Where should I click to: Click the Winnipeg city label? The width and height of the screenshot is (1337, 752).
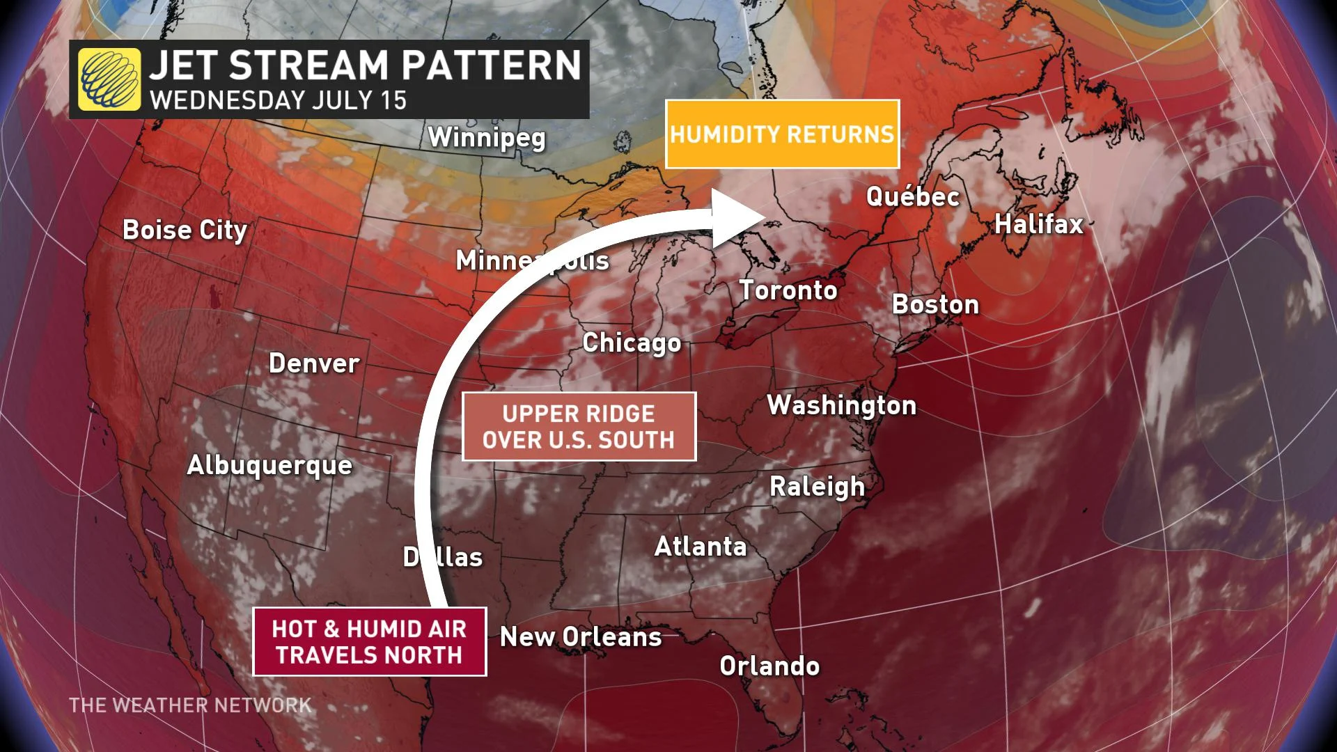tap(487, 137)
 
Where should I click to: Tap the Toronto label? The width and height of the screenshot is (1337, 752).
tap(788, 290)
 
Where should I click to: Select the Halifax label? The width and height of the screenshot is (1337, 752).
tap(1039, 224)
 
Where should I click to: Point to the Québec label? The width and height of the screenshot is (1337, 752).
tap(913, 197)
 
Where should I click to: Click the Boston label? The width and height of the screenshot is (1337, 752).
tap(935, 304)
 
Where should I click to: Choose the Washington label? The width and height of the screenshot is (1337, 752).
tap(841, 405)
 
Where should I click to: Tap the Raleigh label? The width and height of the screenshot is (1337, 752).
tap(817, 487)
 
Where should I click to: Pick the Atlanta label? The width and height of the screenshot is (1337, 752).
tap(701, 547)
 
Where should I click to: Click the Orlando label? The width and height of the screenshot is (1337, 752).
tap(769, 666)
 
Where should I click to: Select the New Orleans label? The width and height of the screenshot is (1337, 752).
tap(581, 637)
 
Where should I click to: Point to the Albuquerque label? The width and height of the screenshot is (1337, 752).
tap(269, 465)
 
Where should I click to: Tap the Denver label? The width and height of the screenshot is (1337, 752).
tap(314, 363)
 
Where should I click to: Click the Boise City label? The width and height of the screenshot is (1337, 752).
tap(185, 230)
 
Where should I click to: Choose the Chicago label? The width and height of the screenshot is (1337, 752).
tap(632, 343)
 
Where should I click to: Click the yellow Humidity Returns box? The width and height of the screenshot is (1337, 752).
tap(782, 134)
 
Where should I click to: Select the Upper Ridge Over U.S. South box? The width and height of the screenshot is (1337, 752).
tap(579, 426)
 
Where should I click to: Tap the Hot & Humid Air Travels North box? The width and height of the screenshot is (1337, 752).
tap(369, 641)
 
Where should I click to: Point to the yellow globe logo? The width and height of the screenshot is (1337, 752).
tap(109, 79)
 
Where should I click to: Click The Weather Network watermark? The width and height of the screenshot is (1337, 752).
tap(190, 705)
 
